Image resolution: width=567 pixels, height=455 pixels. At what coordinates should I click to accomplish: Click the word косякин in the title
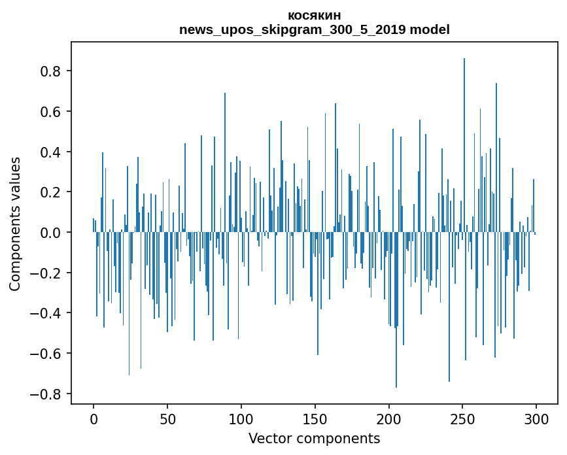[x=314, y=16]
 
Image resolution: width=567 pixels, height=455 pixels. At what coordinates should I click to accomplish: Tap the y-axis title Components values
[x=15, y=224]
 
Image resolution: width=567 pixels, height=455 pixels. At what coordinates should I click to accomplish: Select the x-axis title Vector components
[x=314, y=438]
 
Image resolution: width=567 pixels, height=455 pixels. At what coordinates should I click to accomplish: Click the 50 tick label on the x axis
[x=167, y=418]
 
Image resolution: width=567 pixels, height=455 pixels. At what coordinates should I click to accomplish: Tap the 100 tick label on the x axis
[x=241, y=418]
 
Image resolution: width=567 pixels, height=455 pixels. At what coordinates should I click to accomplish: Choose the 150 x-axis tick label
[x=315, y=418]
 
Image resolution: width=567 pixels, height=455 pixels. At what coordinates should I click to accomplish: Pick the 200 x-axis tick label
[x=389, y=418]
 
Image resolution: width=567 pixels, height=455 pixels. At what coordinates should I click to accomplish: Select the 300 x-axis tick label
[x=536, y=418]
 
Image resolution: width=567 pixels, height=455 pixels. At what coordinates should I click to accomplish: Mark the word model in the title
[x=429, y=30]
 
